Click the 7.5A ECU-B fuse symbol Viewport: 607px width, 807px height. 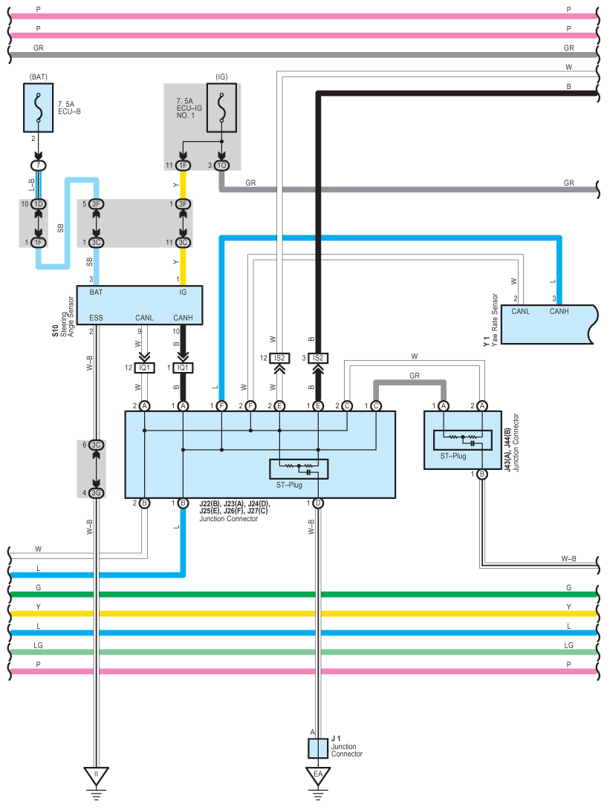coord(38,108)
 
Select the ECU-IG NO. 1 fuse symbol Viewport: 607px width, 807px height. coord(221,108)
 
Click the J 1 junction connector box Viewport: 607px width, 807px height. coord(318,748)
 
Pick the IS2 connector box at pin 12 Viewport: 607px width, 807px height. coord(279,358)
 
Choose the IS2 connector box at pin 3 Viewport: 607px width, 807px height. coord(318,358)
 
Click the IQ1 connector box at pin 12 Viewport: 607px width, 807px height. coord(144,367)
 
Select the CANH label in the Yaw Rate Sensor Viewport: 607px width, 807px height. coord(559,311)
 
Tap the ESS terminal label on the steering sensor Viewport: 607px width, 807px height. coord(97,318)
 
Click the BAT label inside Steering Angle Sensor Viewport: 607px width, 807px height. coord(96,293)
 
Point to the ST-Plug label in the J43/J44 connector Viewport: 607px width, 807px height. coord(453,456)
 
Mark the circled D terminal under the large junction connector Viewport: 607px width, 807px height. coord(318,503)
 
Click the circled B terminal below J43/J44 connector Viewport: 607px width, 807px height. coord(482,474)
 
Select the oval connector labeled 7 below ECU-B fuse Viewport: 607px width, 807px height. coord(38,166)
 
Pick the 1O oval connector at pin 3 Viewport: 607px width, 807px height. coord(221,166)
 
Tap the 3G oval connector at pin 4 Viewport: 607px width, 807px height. coord(97,493)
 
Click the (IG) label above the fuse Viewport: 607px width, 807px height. coord(222,76)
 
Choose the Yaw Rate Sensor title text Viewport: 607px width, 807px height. coord(495,320)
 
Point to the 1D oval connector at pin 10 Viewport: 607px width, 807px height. coord(38,204)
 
